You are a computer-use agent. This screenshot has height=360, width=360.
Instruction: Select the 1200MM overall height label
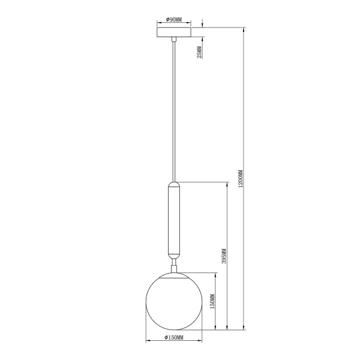pos(241,179)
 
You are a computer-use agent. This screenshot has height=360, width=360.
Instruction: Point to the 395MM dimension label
pos(224,256)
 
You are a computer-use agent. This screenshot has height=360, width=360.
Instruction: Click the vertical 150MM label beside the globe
pos(213,302)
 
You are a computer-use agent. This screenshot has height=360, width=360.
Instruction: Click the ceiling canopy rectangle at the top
pos(173,31)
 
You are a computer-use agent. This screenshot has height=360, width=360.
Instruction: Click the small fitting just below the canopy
pos(173,39)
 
